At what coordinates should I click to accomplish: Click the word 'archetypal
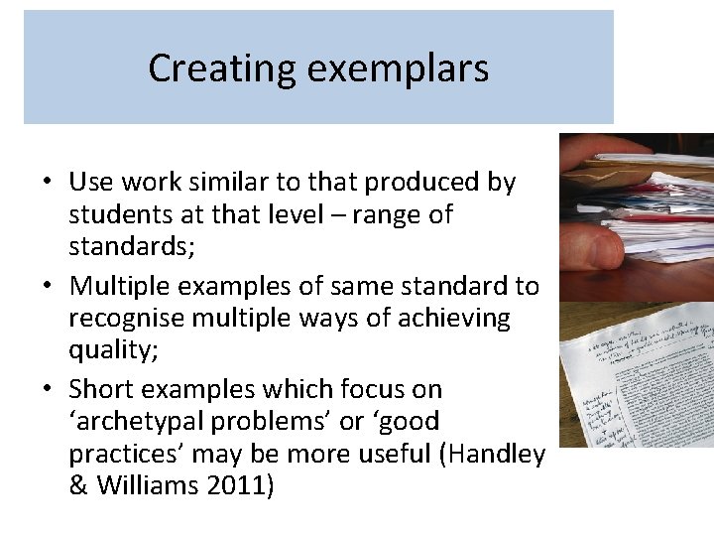click(145, 422)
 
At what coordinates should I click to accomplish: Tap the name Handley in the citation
click(496, 454)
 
